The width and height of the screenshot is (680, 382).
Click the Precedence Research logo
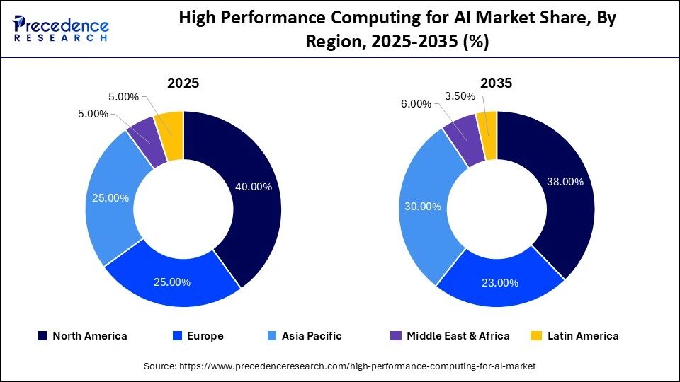coord(61,28)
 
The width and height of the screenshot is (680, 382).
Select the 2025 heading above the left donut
coord(183,83)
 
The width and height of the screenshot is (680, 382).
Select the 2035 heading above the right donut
coord(496,83)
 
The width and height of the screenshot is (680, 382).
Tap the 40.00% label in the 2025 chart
coord(253,187)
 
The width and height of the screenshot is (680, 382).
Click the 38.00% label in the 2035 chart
coord(565,182)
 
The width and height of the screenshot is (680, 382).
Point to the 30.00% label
coord(422,207)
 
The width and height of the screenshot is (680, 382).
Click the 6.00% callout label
coord(416,104)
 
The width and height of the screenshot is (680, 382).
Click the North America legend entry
coord(82,336)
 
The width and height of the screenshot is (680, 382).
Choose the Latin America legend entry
coord(574,336)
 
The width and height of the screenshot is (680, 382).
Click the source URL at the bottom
coord(340,366)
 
